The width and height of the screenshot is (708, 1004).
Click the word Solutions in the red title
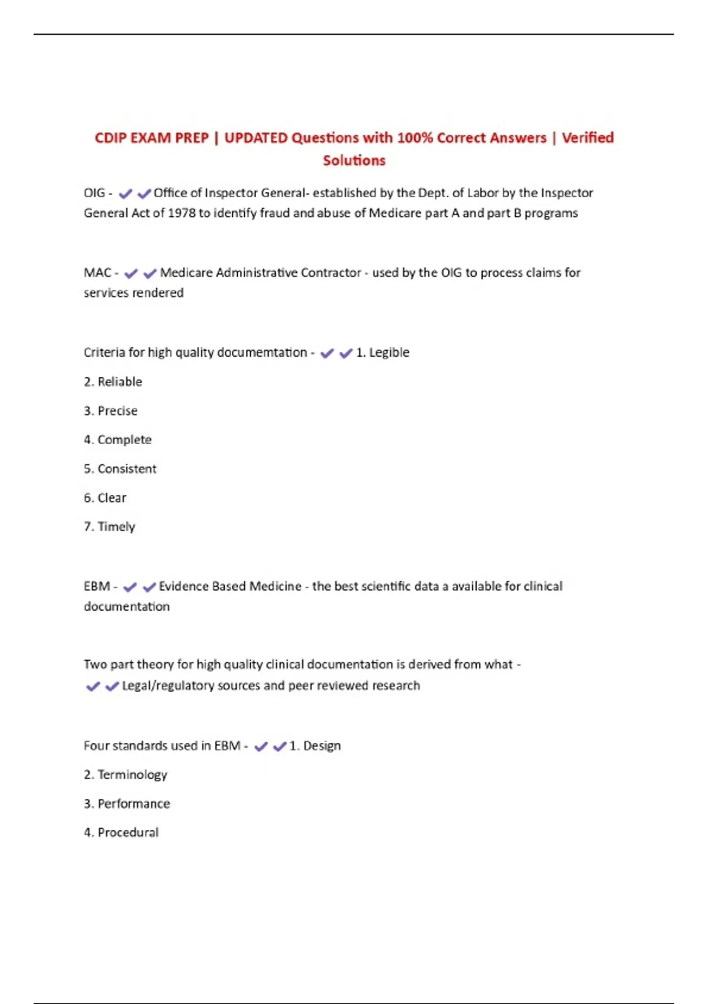[x=354, y=161]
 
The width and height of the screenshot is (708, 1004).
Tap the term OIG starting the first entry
[x=94, y=193]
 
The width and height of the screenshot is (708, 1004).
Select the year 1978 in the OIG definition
[x=181, y=213]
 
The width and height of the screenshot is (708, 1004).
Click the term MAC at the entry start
[x=97, y=273]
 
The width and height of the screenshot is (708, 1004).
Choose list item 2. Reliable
[x=113, y=382]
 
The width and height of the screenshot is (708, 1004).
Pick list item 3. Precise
[x=110, y=411]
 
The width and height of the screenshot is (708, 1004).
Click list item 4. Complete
[x=117, y=440]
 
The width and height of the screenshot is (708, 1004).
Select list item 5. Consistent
[x=120, y=469]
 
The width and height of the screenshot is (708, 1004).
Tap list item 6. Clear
[x=105, y=498]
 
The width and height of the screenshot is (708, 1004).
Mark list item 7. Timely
[x=109, y=527]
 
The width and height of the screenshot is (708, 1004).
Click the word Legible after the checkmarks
[x=389, y=353]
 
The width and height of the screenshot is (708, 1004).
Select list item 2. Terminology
[x=125, y=775]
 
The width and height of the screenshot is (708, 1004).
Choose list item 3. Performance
[x=126, y=804]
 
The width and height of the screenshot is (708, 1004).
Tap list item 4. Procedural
[x=121, y=833]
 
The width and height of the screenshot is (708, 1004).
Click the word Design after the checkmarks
[x=322, y=746]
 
